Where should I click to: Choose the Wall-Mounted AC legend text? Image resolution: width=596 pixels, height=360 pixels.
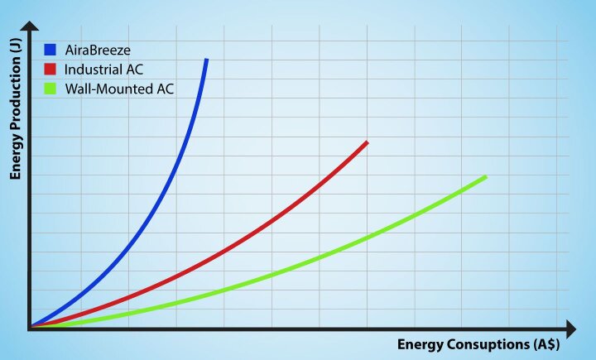[118, 89]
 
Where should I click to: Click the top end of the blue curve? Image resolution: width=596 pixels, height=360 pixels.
[206, 60]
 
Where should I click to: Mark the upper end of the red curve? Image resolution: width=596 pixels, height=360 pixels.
[367, 142]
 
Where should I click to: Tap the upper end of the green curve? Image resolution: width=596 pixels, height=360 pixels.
[485, 177]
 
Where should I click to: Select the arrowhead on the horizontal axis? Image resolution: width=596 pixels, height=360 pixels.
[569, 328]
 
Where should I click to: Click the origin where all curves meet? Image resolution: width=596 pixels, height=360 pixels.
[31, 328]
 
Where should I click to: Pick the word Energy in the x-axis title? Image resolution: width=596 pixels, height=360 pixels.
[421, 344]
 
